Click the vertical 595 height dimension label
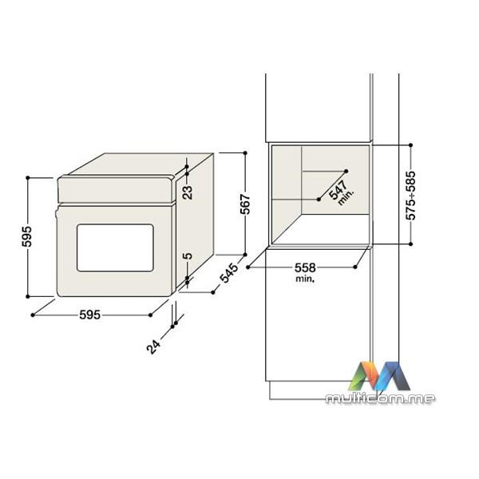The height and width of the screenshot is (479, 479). click(27, 236)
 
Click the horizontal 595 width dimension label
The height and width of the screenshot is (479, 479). click(89, 315)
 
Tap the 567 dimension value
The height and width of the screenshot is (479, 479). click(245, 204)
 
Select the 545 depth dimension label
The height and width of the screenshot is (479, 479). click(228, 273)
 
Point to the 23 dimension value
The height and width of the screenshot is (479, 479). click(188, 192)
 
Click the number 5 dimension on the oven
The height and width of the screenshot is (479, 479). click(188, 255)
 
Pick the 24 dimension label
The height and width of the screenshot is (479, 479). click(153, 346)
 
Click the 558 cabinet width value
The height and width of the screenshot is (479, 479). click(305, 268)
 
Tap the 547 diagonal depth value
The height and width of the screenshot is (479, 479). click(338, 189)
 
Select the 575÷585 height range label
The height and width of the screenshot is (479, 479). click(411, 196)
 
